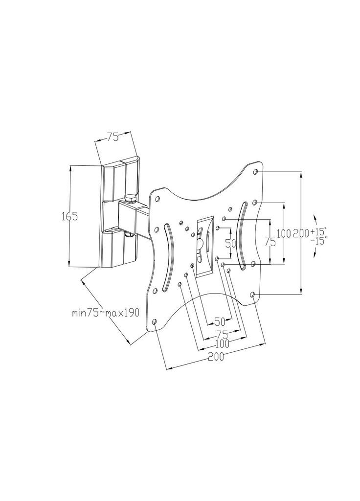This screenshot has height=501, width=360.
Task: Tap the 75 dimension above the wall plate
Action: (x=112, y=137)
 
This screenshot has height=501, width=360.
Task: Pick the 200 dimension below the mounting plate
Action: (x=216, y=357)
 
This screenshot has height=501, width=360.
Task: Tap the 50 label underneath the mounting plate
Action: (x=219, y=321)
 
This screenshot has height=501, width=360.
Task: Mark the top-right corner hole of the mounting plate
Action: (x=257, y=172)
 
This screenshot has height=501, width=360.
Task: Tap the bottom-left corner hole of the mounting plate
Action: (x=155, y=322)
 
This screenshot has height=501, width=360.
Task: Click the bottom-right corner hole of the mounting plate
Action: (x=252, y=295)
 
